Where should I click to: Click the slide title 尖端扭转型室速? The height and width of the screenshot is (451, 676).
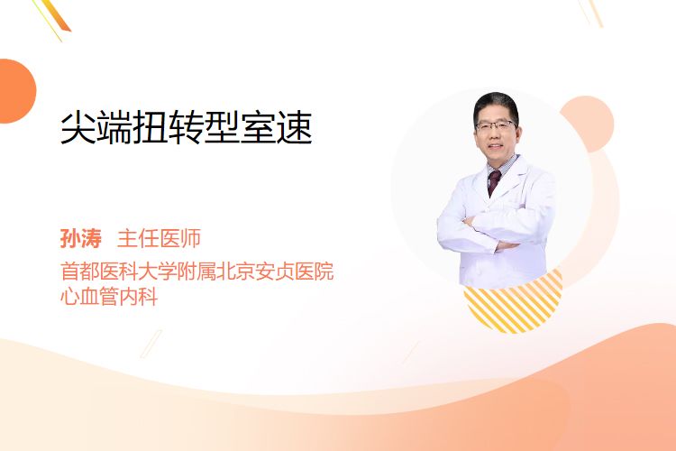[x=187, y=127]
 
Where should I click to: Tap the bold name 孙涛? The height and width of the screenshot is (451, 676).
[x=81, y=238]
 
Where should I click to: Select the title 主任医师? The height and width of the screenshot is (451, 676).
[x=159, y=238]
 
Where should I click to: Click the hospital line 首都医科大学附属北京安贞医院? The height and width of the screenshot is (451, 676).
[x=197, y=272]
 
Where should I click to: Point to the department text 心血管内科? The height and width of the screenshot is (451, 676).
[x=109, y=297]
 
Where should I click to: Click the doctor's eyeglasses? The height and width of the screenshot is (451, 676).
[x=496, y=125]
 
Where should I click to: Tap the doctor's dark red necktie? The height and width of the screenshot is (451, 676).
[x=494, y=182]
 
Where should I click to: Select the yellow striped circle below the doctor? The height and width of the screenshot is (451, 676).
[x=513, y=302]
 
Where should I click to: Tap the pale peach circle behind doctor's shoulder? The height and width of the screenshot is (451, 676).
[x=591, y=122]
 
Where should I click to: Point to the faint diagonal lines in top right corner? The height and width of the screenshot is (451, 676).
[x=592, y=12]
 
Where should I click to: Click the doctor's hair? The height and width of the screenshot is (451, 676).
[x=495, y=104]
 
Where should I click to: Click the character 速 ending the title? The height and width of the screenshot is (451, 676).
[x=295, y=127]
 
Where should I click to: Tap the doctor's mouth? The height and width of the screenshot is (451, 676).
[x=496, y=147]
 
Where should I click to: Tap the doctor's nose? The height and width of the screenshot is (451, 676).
[x=495, y=135]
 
